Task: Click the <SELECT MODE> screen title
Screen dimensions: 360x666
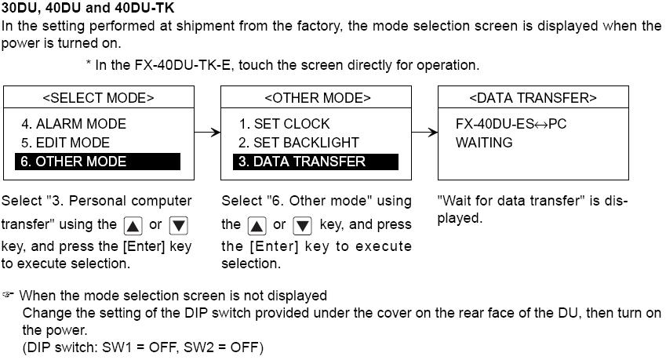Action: point(98,98)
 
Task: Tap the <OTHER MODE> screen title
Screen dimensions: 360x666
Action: point(317,98)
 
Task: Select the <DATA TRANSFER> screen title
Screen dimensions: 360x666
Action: point(533,98)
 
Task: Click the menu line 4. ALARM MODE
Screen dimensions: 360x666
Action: point(74,124)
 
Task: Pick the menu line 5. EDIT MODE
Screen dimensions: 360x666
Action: point(66,143)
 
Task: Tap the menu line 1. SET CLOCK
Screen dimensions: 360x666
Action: point(285,124)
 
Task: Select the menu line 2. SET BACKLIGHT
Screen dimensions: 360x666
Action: point(299,143)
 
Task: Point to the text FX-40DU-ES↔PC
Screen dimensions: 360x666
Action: point(511,124)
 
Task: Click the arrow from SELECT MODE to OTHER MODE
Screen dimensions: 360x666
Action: point(206,132)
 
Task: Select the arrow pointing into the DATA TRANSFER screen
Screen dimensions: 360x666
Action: point(424,132)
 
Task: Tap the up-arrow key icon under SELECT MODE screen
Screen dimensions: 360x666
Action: point(133,226)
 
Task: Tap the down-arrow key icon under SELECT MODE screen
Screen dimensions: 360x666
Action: point(179,226)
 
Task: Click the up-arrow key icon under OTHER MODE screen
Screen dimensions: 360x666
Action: point(256,226)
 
